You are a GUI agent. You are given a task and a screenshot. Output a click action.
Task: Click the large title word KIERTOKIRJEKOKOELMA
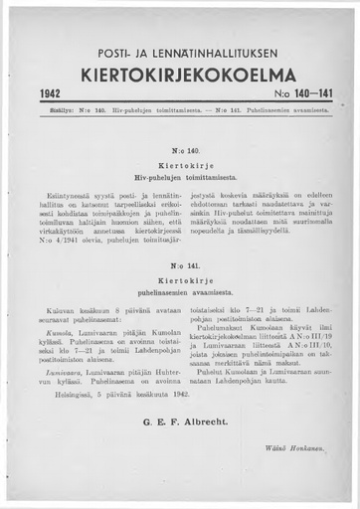coord(180,74)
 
